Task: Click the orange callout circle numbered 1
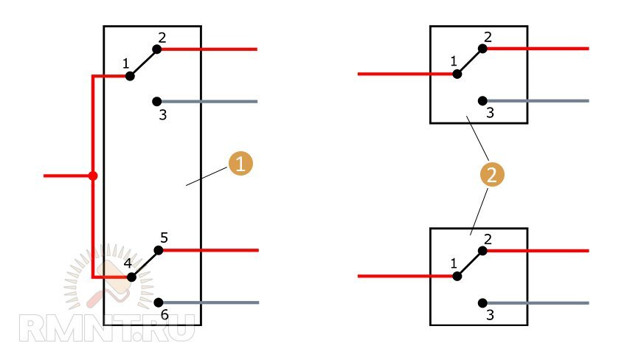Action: pyautogui.click(x=240, y=163)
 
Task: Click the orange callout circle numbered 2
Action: pyautogui.click(x=492, y=174)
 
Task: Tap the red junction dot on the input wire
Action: pyautogui.click(x=93, y=176)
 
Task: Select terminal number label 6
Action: pyautogui.click(x=164, y=315)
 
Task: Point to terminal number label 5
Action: pyautogui.click(x=164, y=238)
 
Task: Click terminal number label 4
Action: pyautogui.click(x=128, y=263)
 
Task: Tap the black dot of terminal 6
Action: pyautogui.click(x=159, y=302)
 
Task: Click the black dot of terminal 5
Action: pyautogui.click(x=159, y=250)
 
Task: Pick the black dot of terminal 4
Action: pyautogui.click(x=131, y=277)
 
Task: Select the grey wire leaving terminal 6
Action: pyautogui.click(x=209, y=302)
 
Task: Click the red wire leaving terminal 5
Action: pyautogui.click(x=209, y=250)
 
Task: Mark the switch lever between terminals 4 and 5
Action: pyautogui.click(x=145, y=264)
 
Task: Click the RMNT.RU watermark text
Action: pyautogui.click(x=107, y=328)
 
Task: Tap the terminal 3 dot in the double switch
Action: pyautogui.click(x=156, y=102)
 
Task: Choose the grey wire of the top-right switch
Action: pyautogui.click(x=536, y=101)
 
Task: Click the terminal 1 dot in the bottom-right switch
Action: pyautogui.click(x=457, y=276)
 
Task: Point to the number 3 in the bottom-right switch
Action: pyautogui.click(x=491, y=315)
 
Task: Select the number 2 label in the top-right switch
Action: pyautogui.click(x=488, y=37)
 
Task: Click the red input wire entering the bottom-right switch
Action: pyautogui.click(x=407, y=276)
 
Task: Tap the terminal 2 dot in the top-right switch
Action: pyautogui.click(x=482, y=49)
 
